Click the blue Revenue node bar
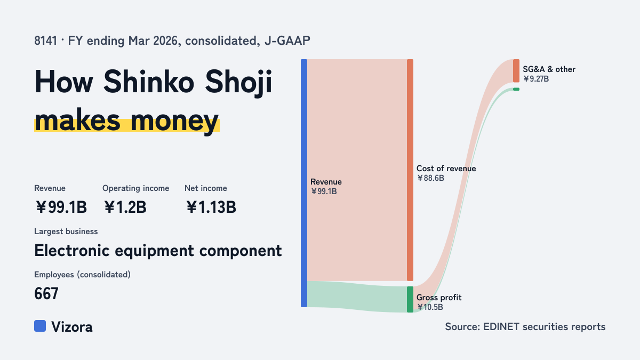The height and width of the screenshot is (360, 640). [304, 183]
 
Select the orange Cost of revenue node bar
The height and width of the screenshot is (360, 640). [410, 170]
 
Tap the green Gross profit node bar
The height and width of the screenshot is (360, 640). [410, 299]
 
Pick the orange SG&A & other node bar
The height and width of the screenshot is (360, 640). [516, 71]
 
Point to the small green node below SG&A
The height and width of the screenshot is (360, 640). [516, 89]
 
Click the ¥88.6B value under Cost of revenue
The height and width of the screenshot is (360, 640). [430, 178]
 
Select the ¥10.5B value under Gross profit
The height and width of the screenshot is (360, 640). [430, 307]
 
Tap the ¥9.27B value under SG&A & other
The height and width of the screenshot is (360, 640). [536, 79]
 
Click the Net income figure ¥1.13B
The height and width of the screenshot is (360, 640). [211, 207]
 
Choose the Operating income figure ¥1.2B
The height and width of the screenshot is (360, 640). [125, 207]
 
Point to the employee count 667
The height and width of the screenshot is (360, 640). [46, 293]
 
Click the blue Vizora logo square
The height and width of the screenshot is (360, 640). [40, 326]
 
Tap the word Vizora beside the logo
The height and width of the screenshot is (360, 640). [72, 327]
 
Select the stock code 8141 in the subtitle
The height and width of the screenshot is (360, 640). [46, 41]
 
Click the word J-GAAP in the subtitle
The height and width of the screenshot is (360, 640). [287, 41]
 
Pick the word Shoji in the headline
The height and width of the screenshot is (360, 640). [238, 82]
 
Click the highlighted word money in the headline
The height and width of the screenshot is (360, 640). [174, 121]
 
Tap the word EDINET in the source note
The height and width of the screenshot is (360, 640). [501, 326]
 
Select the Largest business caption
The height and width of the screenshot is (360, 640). [66, 231]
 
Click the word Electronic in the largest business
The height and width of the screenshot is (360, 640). [72, 251]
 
